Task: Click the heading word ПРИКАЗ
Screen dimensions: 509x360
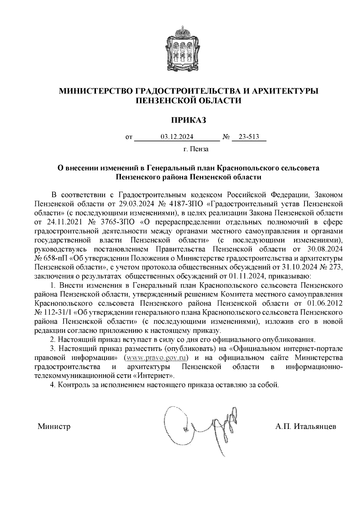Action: click(189, 121)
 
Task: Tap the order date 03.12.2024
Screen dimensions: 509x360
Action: click(177, 137)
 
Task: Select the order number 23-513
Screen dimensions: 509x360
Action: click(249, 137)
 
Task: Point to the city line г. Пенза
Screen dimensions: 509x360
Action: click(196, 149)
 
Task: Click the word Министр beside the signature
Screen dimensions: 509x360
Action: click(54, 427)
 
